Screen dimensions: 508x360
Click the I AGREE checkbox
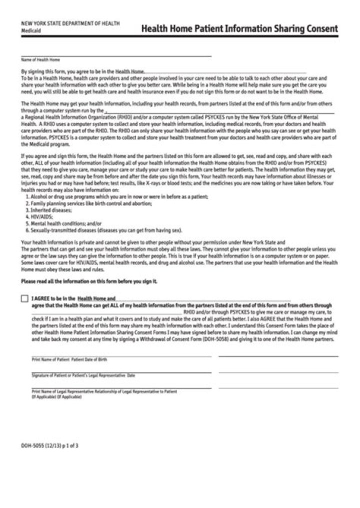tap(24, 298)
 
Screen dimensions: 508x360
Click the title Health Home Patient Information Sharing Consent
tap(239, 29)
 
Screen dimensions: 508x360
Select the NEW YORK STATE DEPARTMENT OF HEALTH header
tap(70, 24)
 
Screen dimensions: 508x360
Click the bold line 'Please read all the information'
tap(89, 281)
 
